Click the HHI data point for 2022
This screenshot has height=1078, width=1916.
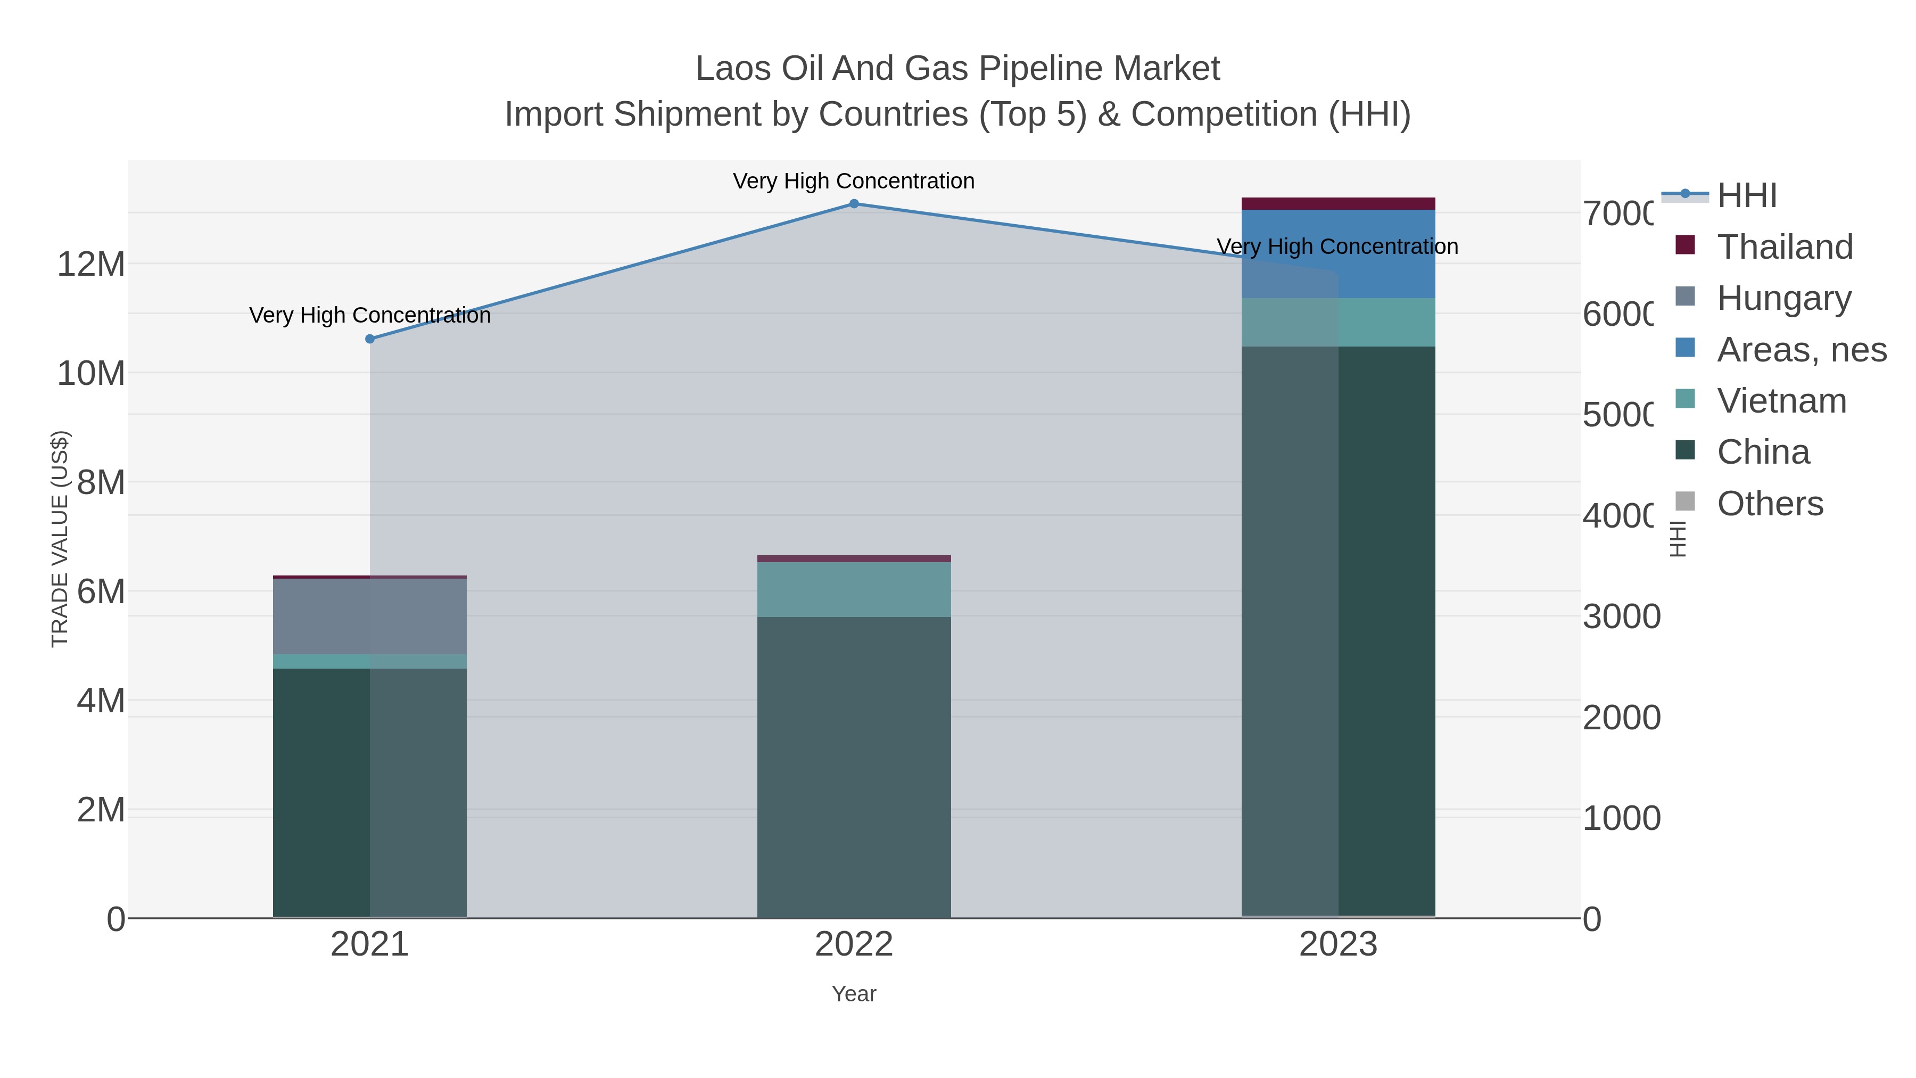click(x=854, y=204)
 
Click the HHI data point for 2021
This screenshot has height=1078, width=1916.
click(x=370, y=339)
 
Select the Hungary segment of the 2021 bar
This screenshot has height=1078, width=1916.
click(x=370, y=616)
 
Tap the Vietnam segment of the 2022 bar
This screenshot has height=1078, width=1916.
click(x=854, y=589)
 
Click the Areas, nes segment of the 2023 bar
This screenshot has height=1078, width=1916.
click(x=1338, y=254)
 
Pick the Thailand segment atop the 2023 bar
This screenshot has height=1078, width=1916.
click(x=1338, y=204)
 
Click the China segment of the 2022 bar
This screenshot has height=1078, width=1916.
click(x=854, y=766)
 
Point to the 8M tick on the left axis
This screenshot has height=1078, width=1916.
click(x=101, y=483)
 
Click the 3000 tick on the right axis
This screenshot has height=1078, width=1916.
click(x=1621, y=617)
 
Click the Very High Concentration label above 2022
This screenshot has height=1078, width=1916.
click(x=854, y=181)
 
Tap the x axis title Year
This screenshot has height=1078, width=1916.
click(x=854, y=994)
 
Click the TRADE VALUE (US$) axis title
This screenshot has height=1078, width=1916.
click(x=60, y=539)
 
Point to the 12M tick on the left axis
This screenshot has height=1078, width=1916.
click(x=90, y=264)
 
